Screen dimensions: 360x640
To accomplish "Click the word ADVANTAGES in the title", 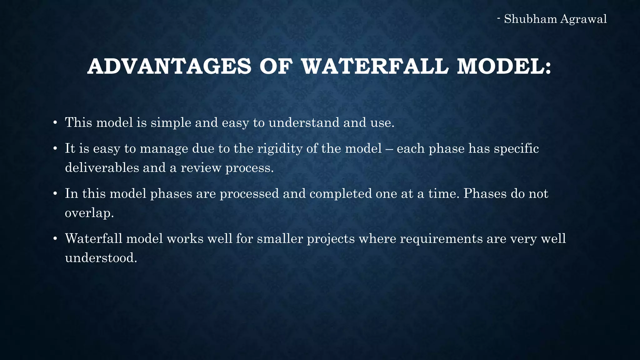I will pos(169,67).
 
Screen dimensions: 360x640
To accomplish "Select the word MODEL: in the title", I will pos(504,67).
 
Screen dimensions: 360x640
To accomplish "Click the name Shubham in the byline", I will pos(530,19).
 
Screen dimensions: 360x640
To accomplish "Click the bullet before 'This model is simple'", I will pos(55,123).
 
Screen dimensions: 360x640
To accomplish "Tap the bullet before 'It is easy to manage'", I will pos(55,149).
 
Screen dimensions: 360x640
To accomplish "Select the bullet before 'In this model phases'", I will pos(55,194).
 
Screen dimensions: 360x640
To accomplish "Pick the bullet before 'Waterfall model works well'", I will pos(55,239).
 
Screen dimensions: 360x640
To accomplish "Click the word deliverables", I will pos(102,168).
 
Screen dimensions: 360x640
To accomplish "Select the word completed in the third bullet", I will pos(341,194).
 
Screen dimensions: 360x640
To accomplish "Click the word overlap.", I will pos(89,213).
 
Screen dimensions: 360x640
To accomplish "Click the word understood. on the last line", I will pos(101,258).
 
